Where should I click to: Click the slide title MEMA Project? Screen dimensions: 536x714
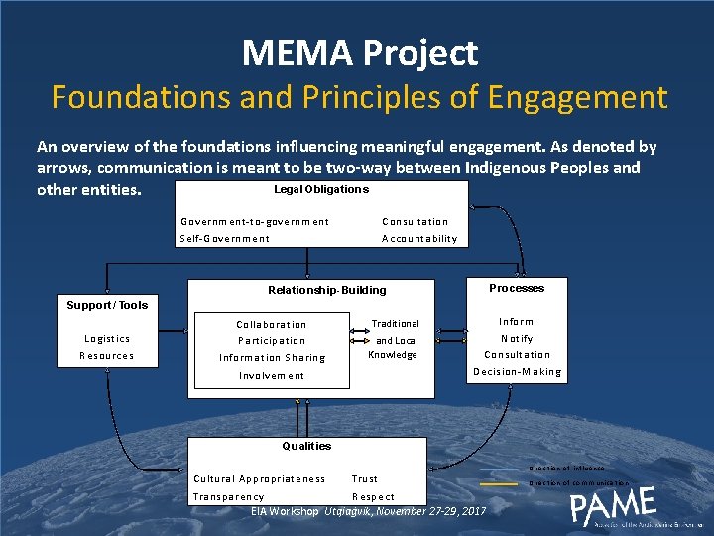(360, 52)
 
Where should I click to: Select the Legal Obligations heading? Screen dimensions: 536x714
(320, 189)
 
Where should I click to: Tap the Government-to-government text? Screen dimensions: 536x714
(255, 221)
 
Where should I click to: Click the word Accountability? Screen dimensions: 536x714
(419, 238)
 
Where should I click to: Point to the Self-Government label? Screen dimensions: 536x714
(224, 238)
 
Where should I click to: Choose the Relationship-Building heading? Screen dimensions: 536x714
(327, 290)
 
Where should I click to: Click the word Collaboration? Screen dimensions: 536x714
(271, 324)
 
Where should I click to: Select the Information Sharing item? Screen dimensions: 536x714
(272, 357)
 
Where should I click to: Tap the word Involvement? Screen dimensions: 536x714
(271, 375)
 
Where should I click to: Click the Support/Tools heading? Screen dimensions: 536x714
(107, 305)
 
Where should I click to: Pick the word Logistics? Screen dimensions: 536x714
(106, 338)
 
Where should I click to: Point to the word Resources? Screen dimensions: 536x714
(106, 355)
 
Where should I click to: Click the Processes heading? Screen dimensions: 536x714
(517, 288)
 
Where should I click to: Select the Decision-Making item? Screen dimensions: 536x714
(517, 372)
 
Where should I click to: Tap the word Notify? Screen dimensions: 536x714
(517, 338)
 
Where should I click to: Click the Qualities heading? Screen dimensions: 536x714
(306, 446)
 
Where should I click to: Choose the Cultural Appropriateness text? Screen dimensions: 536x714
(259, 478)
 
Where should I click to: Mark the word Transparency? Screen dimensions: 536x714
(228, 496)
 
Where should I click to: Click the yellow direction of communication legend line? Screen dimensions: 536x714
(499, 483)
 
